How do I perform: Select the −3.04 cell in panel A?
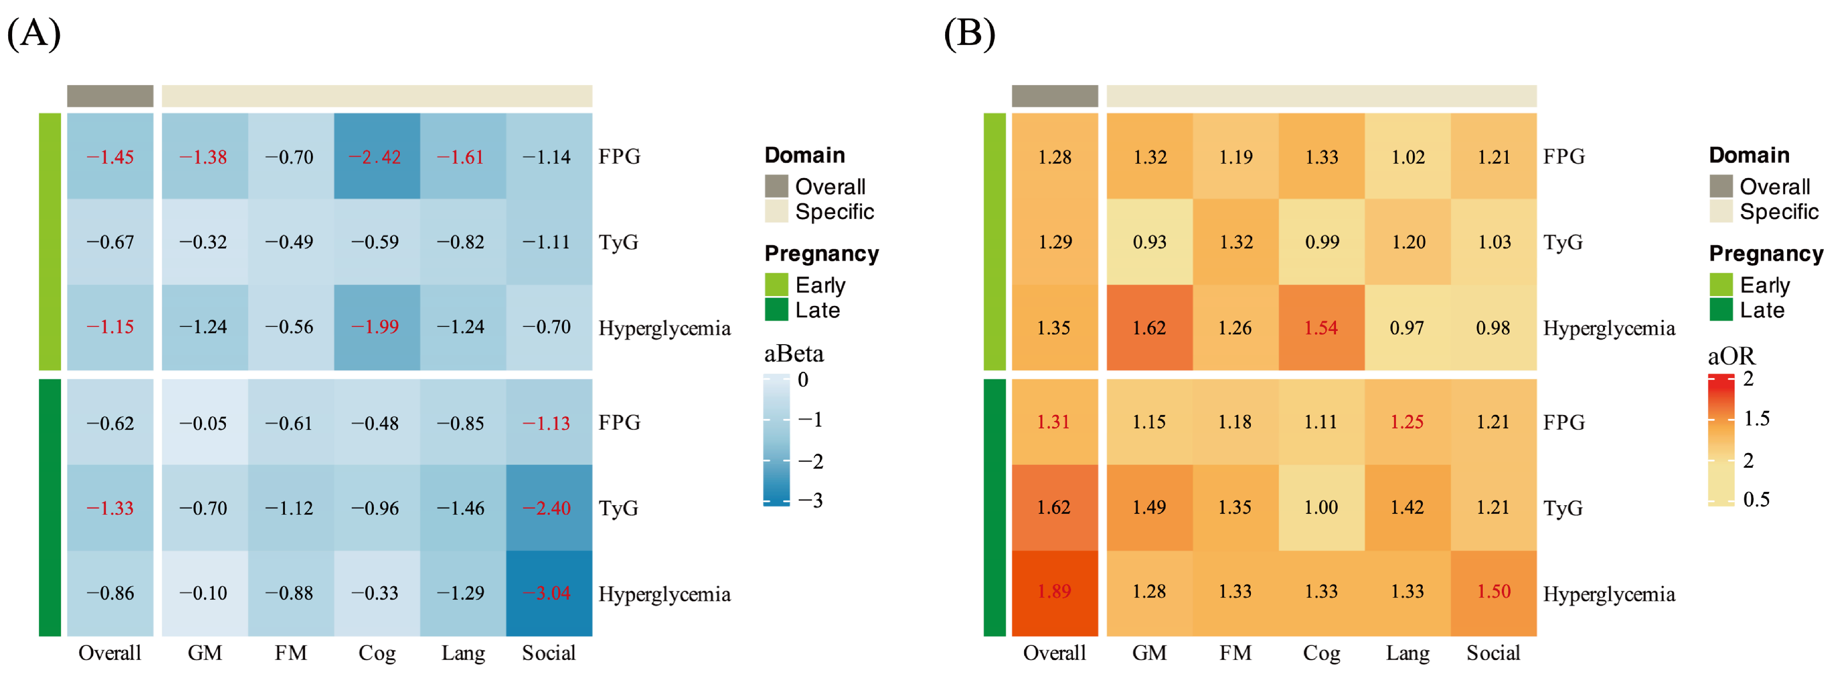[x=548, y=593]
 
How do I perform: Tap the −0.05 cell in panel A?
[x=204, y=423]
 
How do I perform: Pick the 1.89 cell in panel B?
[x=1054, y=592]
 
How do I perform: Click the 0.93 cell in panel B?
[x=1149, y=242]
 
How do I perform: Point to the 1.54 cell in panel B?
[x=1321, y=327]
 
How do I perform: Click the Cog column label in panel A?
[x=377, y=653]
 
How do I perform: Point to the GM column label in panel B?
[x=1149, y=653]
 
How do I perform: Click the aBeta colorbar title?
[x=793, y=354]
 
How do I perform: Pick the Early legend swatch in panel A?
[x=776, y=285]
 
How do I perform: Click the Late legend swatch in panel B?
[x=1721, y=310]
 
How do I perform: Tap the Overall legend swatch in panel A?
[x=776, y=186]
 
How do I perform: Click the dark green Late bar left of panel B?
[x=994, y=507]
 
